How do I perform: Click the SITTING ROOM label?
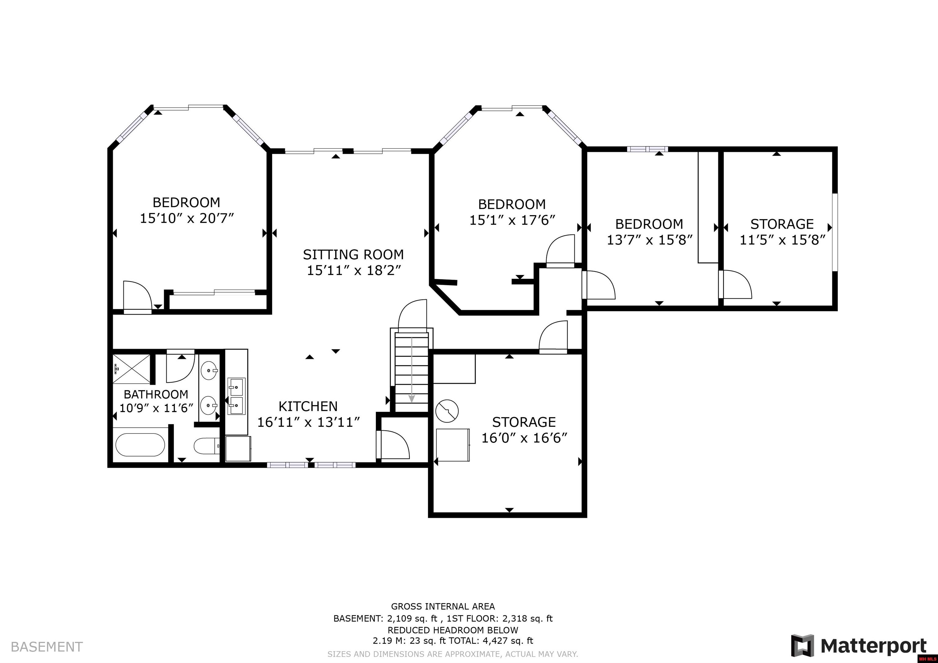(x=353, y=255)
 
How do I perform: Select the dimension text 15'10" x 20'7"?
(x=187, y=219)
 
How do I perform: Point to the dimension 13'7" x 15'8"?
(x=649, y=240)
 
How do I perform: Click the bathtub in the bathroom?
(x=140, y=445)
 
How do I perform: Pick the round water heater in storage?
(x=447, y=411)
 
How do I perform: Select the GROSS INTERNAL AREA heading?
(x=442, y=607)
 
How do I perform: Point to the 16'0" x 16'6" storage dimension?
(x=524, y=438)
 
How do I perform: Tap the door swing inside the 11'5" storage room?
(x=736, y=285)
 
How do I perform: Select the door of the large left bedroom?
(x=137, y=297)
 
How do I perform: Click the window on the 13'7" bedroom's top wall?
(x=648, y=149)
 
